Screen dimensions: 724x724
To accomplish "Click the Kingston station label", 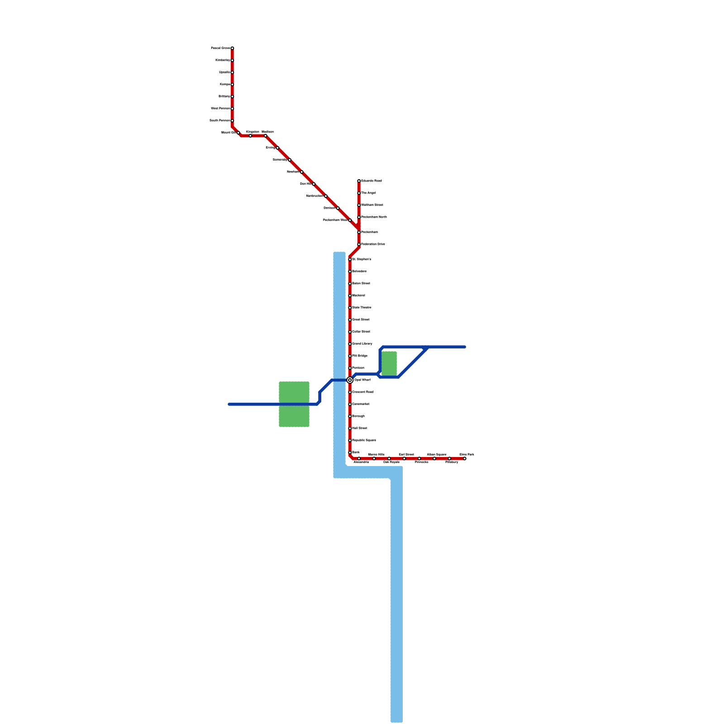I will click(252, 132).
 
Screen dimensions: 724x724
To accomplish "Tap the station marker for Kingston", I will click(250, 136).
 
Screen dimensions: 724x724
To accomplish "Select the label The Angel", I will click(368, 193).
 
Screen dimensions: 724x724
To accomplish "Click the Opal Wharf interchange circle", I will click(350, 380).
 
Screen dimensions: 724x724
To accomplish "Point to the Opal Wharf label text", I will click(362, 380).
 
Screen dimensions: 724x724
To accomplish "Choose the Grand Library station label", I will click(362, 344).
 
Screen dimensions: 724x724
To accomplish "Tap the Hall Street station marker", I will click(350, 429).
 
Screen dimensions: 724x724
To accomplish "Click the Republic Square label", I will click(364, 440).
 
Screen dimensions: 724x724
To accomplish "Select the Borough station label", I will click(358, 416).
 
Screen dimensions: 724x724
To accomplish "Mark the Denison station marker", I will click(338, 208).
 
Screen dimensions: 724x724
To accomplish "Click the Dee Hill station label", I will click(305, 184).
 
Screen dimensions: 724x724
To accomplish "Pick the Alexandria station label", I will click(361, 462).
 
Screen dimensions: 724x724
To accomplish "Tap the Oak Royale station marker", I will click(389, 459).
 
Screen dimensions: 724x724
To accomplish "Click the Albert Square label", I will click(437, 454).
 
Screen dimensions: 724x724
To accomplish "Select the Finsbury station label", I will click(452, 462).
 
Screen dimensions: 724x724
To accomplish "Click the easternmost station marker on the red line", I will click(465, 459).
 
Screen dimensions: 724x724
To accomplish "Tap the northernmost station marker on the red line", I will click(232, 48).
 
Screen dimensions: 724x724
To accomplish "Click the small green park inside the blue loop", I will click(389, 363).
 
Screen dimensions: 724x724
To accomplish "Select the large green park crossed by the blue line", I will click(294, 404).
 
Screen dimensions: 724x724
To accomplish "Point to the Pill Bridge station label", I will click(360, 356).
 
